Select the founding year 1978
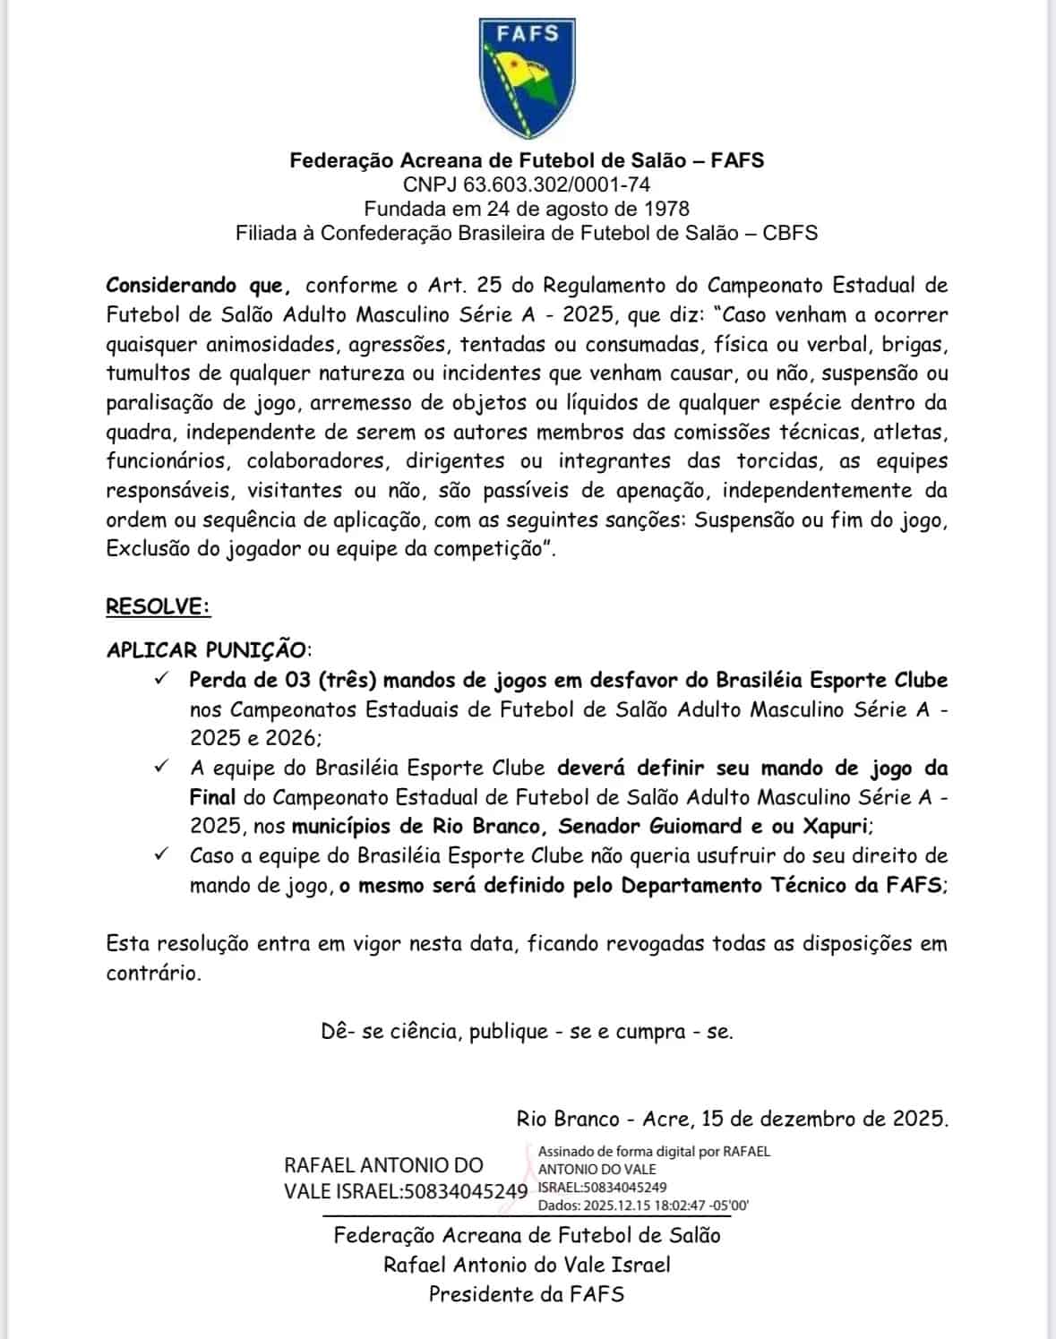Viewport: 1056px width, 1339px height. [666, 209]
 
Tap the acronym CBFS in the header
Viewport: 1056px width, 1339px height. [790, 233]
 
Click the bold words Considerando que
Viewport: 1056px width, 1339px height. [198, 286]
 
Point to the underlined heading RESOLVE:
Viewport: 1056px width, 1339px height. [158, 606]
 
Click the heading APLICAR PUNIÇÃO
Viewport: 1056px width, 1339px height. [208, 649]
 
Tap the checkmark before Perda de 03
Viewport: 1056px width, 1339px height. [162, 679]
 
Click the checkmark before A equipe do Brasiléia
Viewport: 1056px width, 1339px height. [162, 767]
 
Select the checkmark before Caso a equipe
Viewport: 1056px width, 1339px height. [162, 854]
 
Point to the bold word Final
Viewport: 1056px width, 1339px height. [212, 797]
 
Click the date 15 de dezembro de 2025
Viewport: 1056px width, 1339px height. [824, 1119]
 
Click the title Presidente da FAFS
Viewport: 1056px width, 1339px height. [527, 1294]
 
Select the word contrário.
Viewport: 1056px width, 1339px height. [152, 974]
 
